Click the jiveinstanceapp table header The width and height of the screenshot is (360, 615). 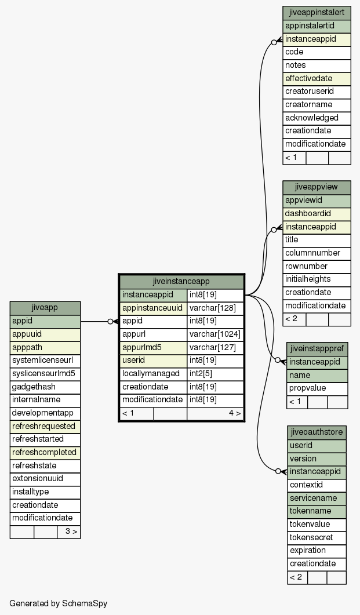point(181,282)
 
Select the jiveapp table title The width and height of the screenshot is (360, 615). point(45,308)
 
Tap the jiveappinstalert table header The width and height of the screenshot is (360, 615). point(317,13)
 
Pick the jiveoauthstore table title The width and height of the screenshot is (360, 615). point(317,432)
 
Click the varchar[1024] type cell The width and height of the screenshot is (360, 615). point(215,334)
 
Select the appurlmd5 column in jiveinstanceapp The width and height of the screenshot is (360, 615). point(153,348)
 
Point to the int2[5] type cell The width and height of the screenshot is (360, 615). point(215,374)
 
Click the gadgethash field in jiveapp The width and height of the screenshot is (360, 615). point(45,387)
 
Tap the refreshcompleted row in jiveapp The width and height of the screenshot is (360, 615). point(45,452)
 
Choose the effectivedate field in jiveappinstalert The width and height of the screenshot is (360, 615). point(317,78)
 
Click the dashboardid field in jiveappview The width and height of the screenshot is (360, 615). point(317,214)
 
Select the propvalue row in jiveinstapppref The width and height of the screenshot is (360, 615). point(317,388)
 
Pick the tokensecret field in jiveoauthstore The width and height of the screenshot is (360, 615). point(317,537)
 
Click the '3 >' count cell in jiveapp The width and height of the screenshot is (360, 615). point(68,532)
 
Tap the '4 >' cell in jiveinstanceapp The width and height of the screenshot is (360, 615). point(215,413)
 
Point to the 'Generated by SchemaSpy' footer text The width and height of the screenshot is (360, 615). point(59,603)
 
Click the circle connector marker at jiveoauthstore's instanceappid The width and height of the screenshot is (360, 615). point(278,471)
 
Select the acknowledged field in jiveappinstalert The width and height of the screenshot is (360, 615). point(317,118)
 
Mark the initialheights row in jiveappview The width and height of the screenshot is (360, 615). point(317,279)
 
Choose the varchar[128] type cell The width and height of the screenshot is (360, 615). point(215,308)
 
